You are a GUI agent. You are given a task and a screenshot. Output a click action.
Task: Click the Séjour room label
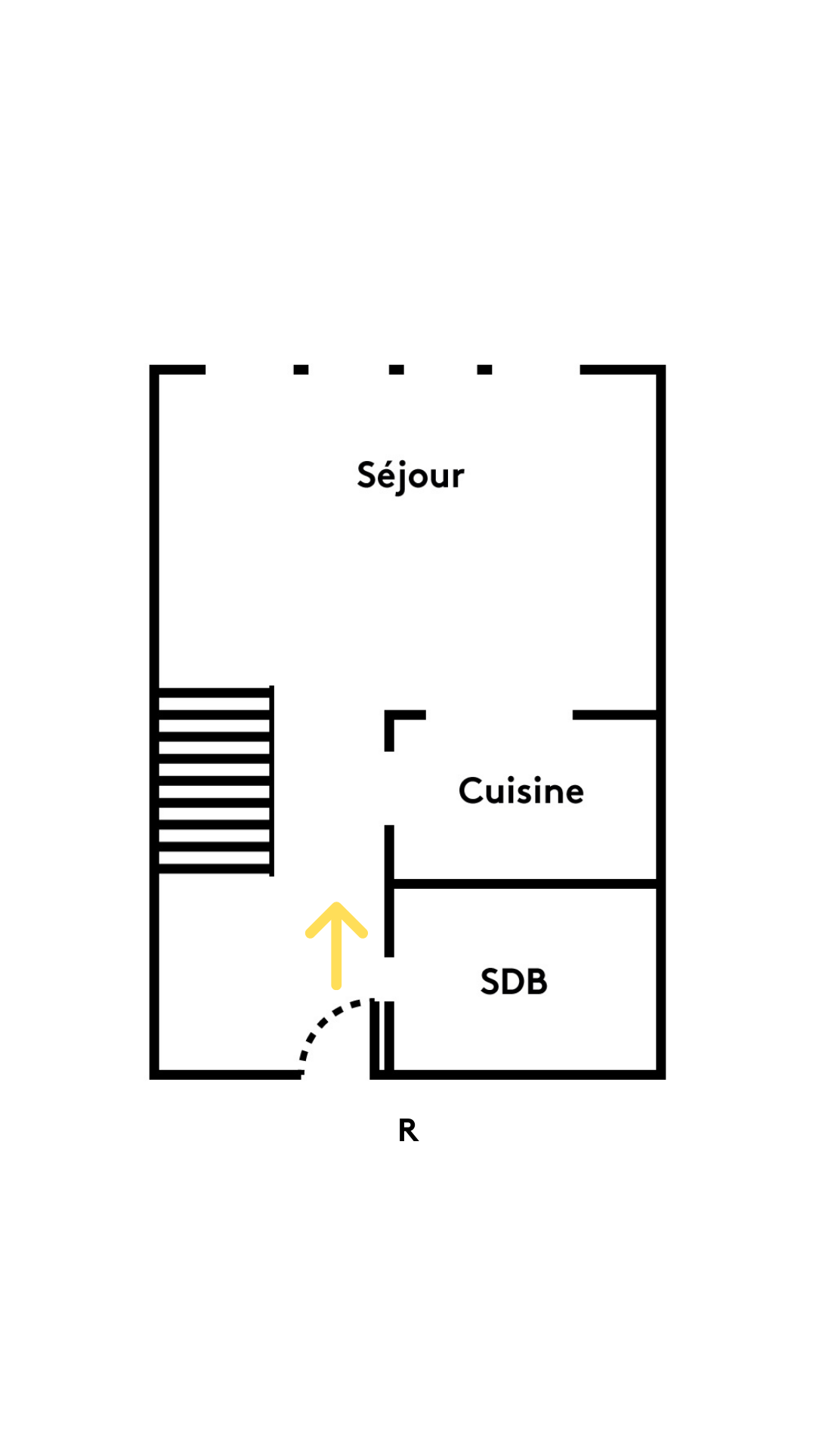[410, 476]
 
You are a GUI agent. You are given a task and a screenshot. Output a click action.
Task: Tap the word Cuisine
[521, 791]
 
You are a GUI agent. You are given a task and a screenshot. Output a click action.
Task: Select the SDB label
[514, 982]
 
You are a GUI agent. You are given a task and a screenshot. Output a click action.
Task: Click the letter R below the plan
[408, 1131]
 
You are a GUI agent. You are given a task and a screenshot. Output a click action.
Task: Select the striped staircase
[215, 781]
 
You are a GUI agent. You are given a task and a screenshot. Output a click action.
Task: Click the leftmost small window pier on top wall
[301, 370]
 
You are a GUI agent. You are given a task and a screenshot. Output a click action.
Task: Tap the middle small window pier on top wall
[397, 370]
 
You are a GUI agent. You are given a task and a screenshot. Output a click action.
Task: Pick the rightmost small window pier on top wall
[484, 370]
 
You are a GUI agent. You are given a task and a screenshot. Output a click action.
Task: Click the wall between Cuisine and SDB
[525, 883]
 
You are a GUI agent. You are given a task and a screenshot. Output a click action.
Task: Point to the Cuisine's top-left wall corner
[390, 716]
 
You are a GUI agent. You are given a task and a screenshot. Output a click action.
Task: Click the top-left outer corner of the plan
[155, 370]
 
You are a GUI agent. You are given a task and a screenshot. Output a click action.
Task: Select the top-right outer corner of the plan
[660, 370]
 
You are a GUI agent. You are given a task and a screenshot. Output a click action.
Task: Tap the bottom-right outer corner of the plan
[660, 1074]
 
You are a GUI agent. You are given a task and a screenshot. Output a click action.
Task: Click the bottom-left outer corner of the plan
[155, 1074]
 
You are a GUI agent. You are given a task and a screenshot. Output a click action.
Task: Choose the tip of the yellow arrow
[336, 905]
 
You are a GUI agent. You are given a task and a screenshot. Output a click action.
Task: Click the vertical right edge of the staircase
[271, 781]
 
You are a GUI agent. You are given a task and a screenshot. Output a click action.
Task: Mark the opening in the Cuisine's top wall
[499, 715]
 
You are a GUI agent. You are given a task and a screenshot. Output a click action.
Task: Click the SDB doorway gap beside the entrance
[389, 979]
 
